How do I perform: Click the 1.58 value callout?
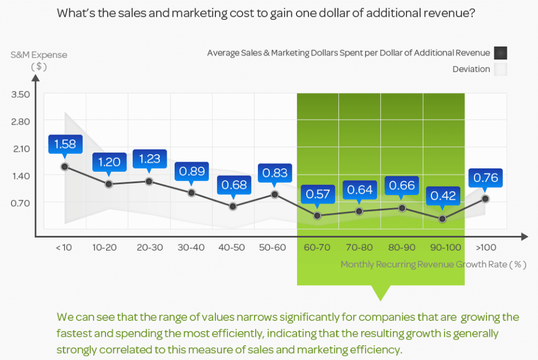point(65,143)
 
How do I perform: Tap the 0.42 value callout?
point(443,196)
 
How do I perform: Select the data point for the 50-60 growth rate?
point(275,194)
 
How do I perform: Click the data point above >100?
point(485,198)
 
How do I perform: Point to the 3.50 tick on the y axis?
point(20,94)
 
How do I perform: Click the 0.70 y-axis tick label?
point(20,202)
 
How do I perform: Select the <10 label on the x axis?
point(63,248)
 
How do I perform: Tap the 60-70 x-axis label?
point(317,248)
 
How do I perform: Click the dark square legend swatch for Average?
point(500,53)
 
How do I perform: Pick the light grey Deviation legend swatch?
point(500,69)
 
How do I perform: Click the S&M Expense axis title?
point(39,55)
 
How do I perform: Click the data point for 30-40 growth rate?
point(192,193)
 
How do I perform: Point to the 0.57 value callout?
point(317,194)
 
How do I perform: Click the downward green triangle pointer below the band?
point(380,293)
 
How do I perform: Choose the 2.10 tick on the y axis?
point(20,149)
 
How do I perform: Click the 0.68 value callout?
point(233,185)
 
